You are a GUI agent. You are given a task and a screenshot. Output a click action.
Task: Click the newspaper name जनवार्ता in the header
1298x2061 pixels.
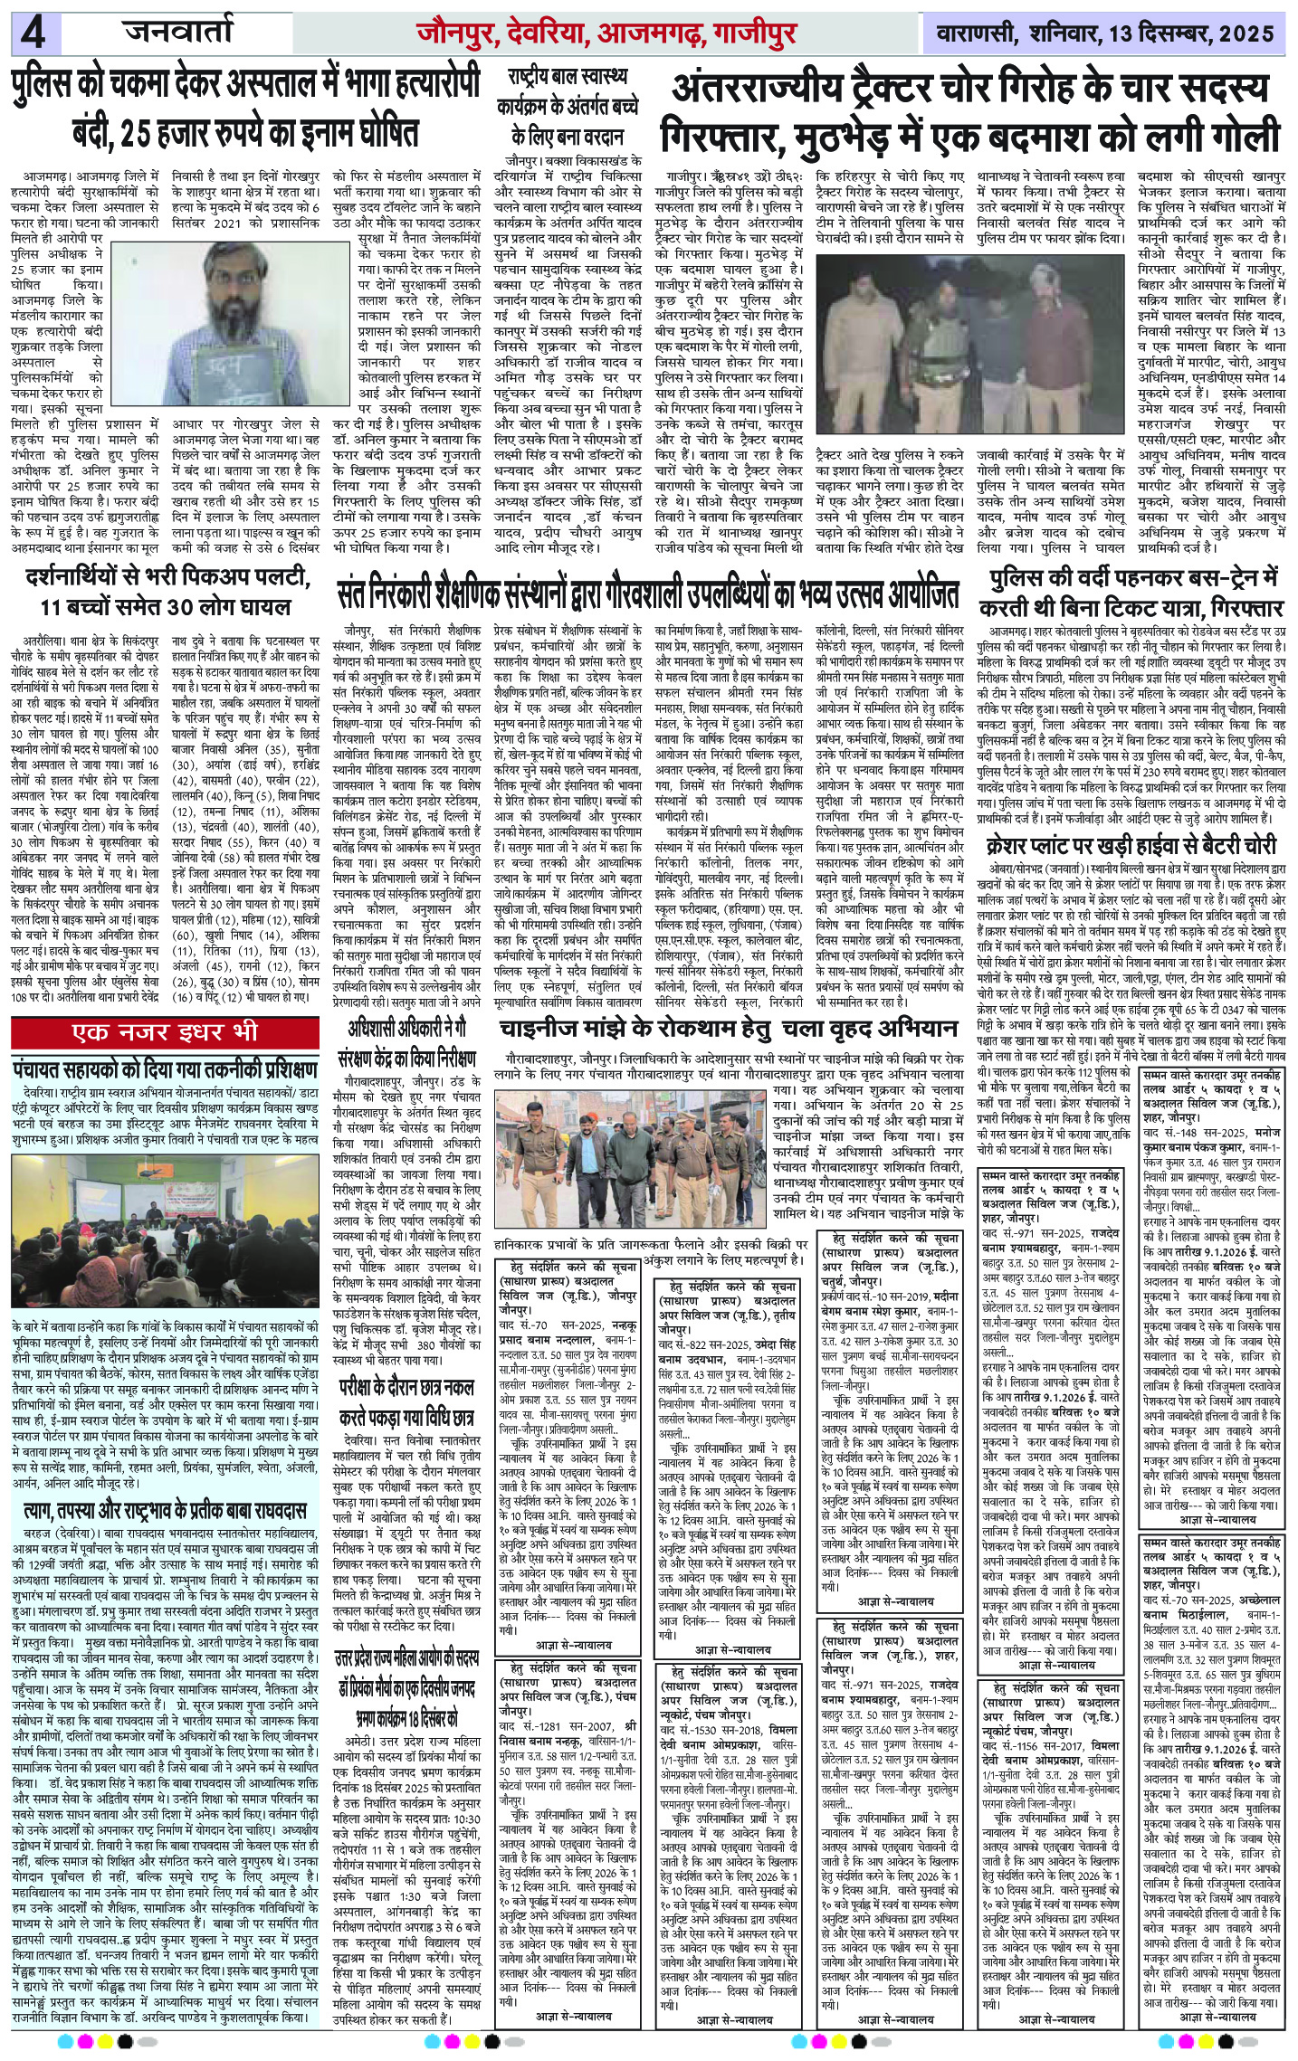pos(178,35)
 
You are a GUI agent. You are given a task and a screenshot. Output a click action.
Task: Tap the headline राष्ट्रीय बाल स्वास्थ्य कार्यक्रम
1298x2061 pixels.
pos(567,106)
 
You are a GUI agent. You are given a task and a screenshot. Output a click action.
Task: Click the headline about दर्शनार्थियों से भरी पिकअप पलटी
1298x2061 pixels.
pos(171,591)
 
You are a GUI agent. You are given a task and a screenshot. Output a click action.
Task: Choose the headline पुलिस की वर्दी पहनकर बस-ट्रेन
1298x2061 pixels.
pos(1135,591)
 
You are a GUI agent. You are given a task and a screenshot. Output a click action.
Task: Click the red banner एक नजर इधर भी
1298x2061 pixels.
pos(167,1032)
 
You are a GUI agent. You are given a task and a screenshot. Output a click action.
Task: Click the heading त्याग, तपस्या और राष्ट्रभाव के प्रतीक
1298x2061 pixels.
pos(167,1510)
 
